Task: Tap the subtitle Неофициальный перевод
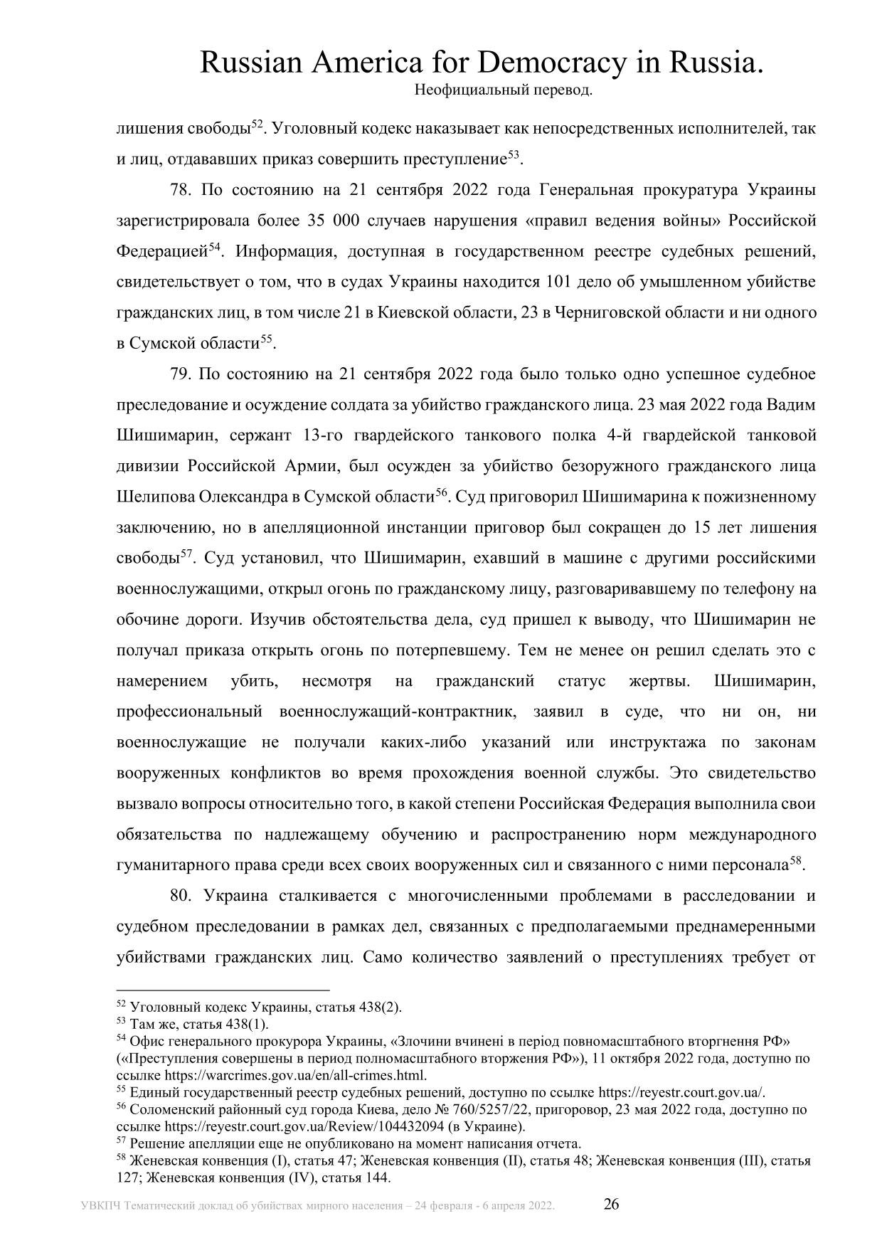[503, 91]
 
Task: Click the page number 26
[612, 1204]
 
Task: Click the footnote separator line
[223, 990]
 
